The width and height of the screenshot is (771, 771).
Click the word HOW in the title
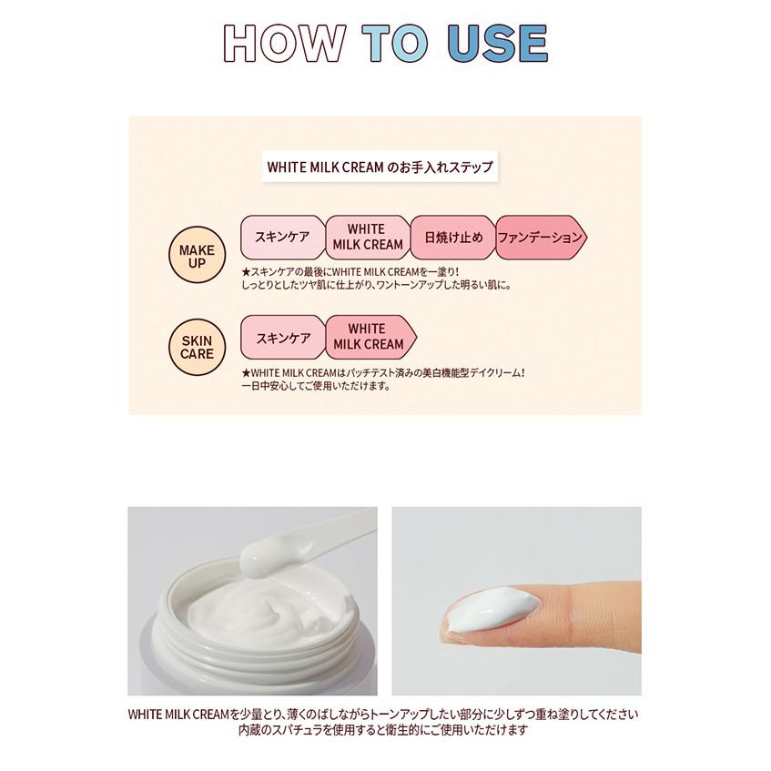pos(285,44)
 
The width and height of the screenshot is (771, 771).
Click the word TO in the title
pos(396,44)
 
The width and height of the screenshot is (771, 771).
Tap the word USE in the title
pos(498,44)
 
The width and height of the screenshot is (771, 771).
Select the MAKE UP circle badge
pos(197,254)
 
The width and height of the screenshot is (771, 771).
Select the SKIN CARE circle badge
pos(197,347)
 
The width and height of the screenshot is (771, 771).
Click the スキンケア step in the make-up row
pos(283,238)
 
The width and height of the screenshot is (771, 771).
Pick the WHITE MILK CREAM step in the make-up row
pos(368,238)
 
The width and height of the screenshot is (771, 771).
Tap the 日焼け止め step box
pos(453,238)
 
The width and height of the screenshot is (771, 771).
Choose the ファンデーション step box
pos(541,238)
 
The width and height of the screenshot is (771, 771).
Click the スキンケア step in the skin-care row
pos(283,338)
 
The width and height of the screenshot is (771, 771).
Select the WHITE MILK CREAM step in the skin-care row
pos(370,338)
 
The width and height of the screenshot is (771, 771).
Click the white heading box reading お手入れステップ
pos(380,167)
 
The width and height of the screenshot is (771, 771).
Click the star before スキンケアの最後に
pos(246,272)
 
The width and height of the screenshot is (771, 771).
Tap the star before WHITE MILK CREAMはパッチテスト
pos(246,373)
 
